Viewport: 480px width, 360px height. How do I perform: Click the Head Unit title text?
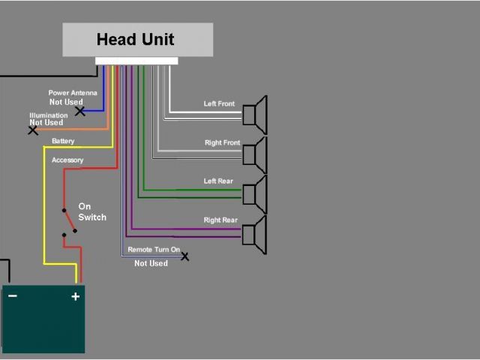tap(136, 39)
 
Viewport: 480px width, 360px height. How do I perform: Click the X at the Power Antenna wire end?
tap(79, 111)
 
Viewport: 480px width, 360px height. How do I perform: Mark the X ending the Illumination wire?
tap(33, 130)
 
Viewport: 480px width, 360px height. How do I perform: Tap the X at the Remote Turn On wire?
tap(184, 256)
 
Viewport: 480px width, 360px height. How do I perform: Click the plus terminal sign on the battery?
tap(75, 296)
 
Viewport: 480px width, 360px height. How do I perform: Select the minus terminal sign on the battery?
tap(13, 296)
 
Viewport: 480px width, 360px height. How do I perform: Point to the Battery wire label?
tap(63, 141)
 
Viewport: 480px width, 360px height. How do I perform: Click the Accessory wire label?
tap(67, 160)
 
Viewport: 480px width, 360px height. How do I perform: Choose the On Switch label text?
tap(92, 212)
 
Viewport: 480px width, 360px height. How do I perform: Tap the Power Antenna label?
tap(73, 93)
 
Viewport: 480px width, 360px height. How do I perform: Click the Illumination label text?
tap(49, 115)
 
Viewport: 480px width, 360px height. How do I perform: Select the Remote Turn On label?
tap(154, 249)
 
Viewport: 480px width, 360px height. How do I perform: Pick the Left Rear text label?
tap(219, 181)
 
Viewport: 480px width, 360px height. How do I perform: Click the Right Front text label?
tap(222, 142)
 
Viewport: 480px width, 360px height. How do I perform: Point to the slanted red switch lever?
tap(69, 220)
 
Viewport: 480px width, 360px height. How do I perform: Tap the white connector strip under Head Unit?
tap(136, 61)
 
